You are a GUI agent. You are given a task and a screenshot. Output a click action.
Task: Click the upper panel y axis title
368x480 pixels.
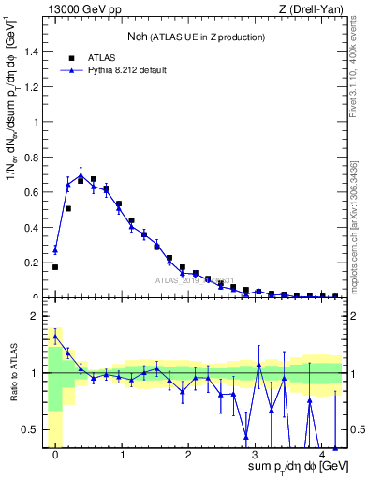coord(12,159)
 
